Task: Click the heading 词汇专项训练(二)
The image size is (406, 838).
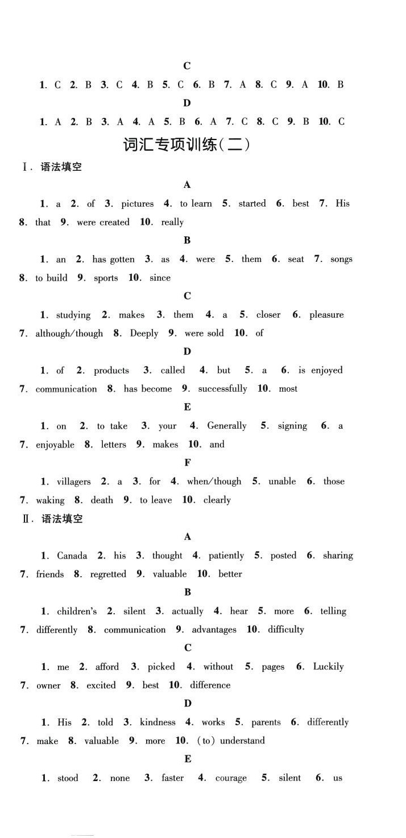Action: pyautogui.click(x=187, y=145)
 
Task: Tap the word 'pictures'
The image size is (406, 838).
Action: pyautogui.click(x=138, y=204)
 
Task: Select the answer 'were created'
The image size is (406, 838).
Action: pyautogui.click(x=103, y=223)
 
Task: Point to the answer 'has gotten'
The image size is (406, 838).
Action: pyautogui.click(x=113, y=260)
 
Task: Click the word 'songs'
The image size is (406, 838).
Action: pyautogui.click(x=341, y=260)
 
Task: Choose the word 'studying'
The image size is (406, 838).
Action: pyautogui.click(x=73, y=315)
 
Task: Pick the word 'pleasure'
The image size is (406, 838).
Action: pyautogui.click(x=326, y=315)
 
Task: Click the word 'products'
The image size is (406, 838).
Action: pyautogui.click(x=111, y=371)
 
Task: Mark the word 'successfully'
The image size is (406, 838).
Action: pyautogui.click(x=222, y=389)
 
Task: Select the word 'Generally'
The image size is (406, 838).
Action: pyautogui.click(x=227, y=426)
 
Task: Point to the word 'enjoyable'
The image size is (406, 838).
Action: pyautogui.click(x=55, y=445)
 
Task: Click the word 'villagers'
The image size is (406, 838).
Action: pyautogui.click(x=73, y=482)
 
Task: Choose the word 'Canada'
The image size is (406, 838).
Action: pyautogui.click(x=72, y=556)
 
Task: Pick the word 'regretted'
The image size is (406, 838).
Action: pyautogui.click(x=108, y=574)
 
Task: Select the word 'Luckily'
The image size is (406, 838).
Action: pyautogui.click(x=328, y=667)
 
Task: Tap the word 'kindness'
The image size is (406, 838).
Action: pyautogui.click(x=158, y=722)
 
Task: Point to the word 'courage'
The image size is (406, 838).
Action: pyautogui.click(x=231, y=778)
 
